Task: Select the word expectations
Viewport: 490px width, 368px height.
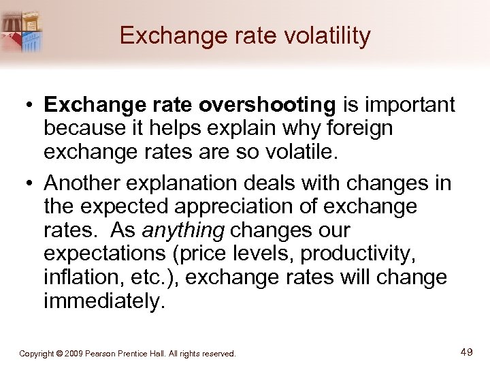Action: [x=108, y=254]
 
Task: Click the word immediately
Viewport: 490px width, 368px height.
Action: [x=104, y=301]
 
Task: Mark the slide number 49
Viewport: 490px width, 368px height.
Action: [x=466, y=352]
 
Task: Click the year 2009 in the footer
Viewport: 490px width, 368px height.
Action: [x=75, y=354]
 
